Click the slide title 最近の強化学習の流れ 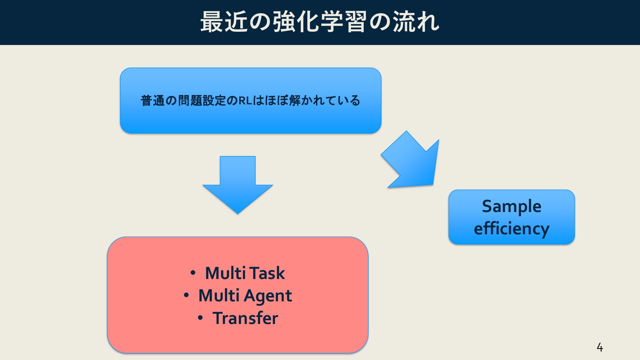click(320, 22)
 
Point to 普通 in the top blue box click(153, 100)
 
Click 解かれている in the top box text click(325, 100)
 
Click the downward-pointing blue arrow click(238, 185)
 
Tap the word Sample click(512, 206)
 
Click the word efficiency click(512, 229)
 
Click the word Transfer click(245, 318)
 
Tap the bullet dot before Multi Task click(193, 273)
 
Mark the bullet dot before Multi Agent click(186, 295)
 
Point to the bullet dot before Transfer click(200, 318)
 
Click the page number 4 click(600, 348)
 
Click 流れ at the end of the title click(416, 22)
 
